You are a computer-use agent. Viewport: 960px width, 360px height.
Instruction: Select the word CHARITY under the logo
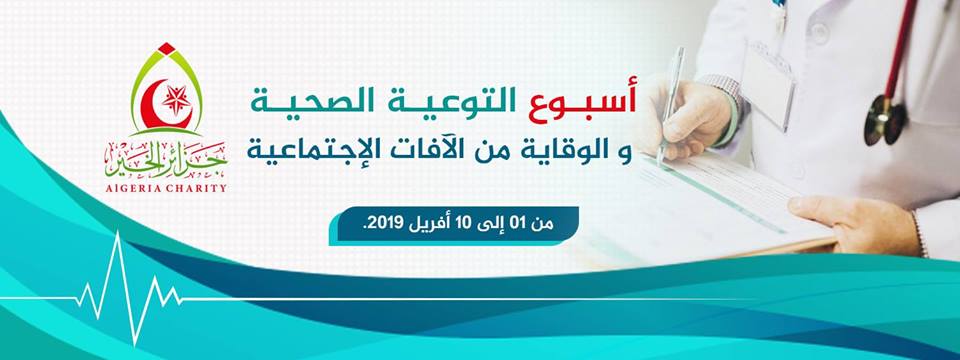198,188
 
